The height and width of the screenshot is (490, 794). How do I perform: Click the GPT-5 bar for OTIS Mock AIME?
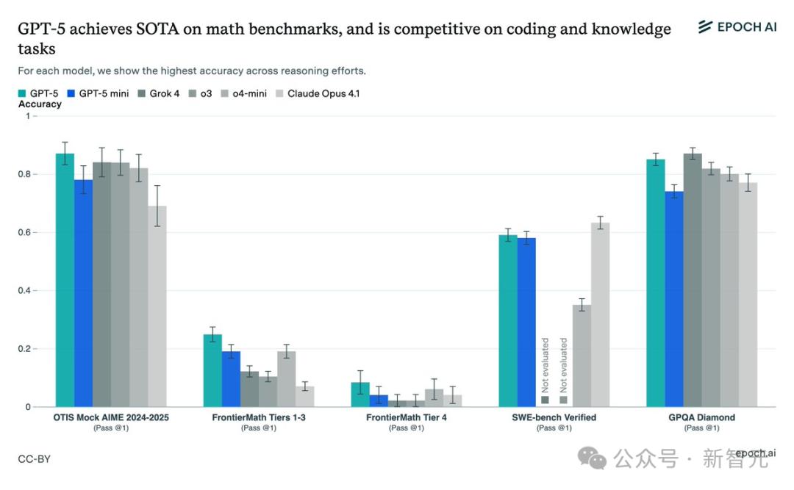pyautogui.click(x=65, y=280)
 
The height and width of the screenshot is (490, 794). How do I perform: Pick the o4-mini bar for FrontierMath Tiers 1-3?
pyautogui.click(x=287, y=379)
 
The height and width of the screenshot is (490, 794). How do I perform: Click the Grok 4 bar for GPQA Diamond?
pyautogui.click(x=692, y=280)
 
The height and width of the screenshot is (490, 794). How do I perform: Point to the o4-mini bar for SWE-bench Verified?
pyautogui.click(x=582, y=356)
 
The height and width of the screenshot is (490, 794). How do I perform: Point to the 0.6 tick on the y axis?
pyautogui.click(x=29, y=232)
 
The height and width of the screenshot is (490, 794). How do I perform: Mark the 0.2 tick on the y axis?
pyautogui.click(x=29, y=349)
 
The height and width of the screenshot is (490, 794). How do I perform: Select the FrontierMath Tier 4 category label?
pyautogui.click(x=406, y=417)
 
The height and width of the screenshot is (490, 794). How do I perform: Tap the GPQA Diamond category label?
pyautogui.click(x=701, y=417)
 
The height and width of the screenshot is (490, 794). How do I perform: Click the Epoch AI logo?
pyautogui.click(x=737, y=27)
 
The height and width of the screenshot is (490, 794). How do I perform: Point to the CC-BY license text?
pyautogui.click(x=34, y=459)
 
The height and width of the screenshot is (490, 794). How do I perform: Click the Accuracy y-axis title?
pyautogui.click(x=40, y=104)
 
